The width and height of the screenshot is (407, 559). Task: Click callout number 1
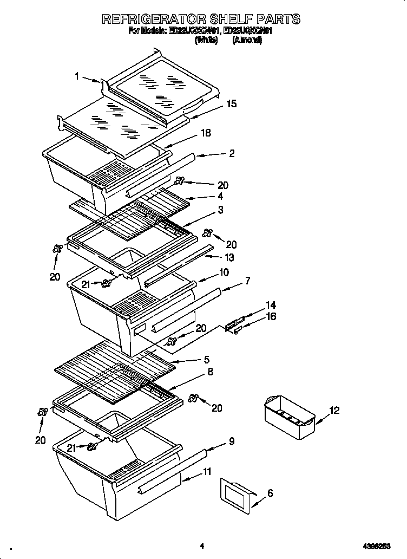[77, 76]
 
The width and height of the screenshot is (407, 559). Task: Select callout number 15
[232, 104]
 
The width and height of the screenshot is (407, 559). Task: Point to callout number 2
[232, 153]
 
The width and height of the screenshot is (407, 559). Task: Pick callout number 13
[229, 258]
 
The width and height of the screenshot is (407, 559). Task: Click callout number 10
[224, 272]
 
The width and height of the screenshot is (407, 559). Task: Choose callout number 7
[247, 281]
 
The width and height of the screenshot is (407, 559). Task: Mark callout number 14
[271, 305]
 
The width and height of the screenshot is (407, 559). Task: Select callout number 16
[271, 316]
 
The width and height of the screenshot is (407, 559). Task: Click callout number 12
[334, 410]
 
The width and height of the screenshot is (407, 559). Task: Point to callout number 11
[207, 472]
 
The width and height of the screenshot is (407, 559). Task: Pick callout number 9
[232, 441]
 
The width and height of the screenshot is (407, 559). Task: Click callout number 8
[210, 372]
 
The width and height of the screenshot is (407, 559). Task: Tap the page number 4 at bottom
[201, 546]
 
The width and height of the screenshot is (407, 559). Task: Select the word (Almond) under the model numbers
[247, 41]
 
